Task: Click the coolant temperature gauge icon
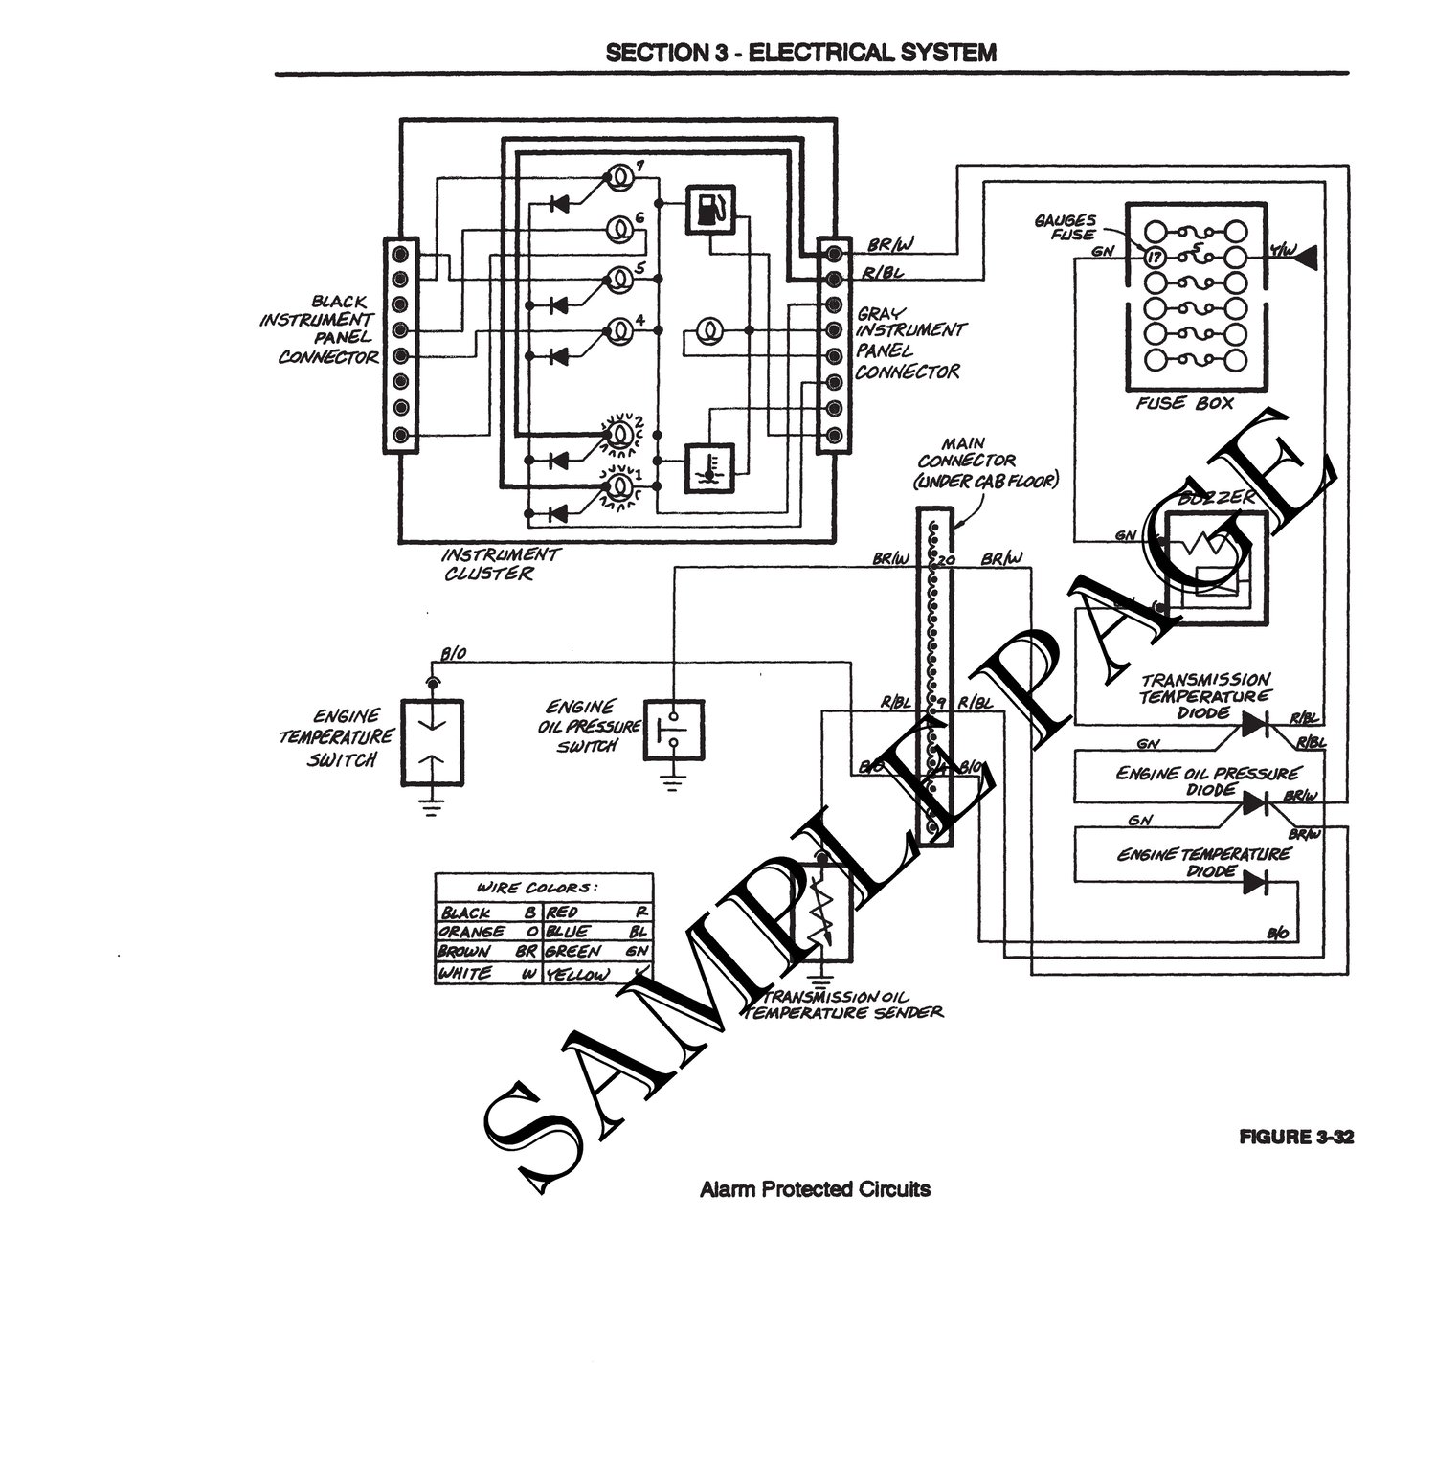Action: click(x=710, y=468)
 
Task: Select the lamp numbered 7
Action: click(x=620, y=177)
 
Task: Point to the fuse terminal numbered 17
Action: click(x=1155, y=257)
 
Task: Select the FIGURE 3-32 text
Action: click(x=1296, y=1138)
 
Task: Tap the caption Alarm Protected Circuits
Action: click(x=815, y=1189)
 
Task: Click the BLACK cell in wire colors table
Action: click(x=467, y=913)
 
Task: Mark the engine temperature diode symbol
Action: click(x=1255, y=882)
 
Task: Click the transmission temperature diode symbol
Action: click(x=1255, y=726)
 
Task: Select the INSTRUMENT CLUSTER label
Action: click(x=500, y=564)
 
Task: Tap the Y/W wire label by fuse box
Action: click(x=1282, y=252)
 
